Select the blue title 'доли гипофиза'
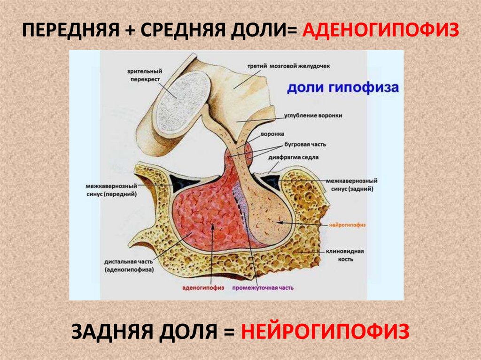coord(343,88)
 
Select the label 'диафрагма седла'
coord(300,158)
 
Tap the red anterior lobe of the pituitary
coord(207,216)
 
